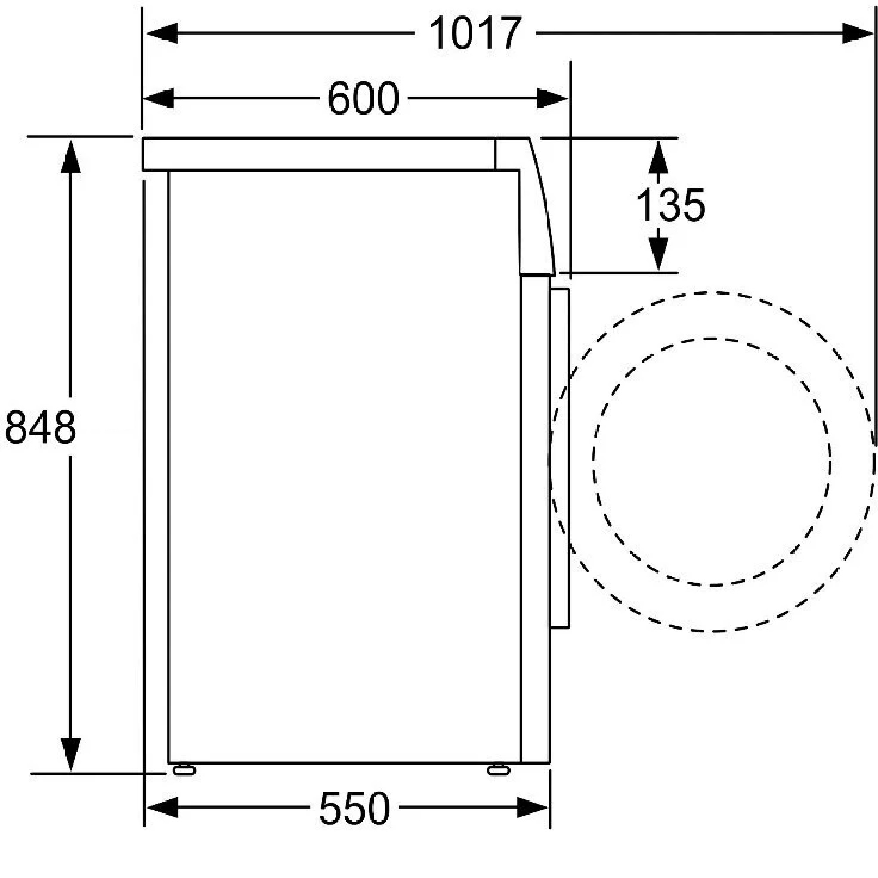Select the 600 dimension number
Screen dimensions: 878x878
point(363,98)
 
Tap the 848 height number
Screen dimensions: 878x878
point(40,427)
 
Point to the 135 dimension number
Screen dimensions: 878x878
point(671,205)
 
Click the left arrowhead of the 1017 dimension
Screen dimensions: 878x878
point(162,33)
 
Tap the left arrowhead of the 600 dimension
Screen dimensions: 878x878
point(158,98)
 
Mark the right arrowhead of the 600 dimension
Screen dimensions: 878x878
point(552,98)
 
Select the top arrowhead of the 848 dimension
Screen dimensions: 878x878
point(70,157)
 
